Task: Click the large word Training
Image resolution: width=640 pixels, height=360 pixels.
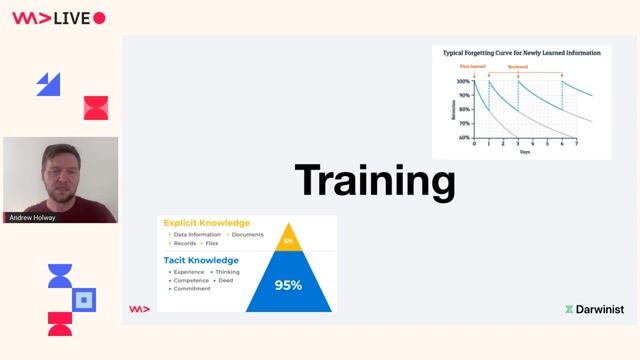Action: [x=375, y=181]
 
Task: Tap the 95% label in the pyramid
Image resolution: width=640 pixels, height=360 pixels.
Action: [x=288, y=285]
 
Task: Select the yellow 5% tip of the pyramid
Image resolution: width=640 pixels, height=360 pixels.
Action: [x=288, y=241]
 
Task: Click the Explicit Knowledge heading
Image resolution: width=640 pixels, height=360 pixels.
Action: [x=207, y=222]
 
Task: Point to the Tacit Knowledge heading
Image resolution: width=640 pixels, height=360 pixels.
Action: [x=201, y=260]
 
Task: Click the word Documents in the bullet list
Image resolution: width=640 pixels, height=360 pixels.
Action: [x=247, y=234]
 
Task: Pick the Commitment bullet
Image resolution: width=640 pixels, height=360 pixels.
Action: [x=192, y=288]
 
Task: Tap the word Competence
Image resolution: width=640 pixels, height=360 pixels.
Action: [x=190, y=280]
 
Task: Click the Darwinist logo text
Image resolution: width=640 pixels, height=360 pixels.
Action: [x=600, y=310]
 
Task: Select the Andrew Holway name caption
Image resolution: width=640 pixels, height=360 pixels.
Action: [x=32, y=217]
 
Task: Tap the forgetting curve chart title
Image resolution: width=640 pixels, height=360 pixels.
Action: [x=522, y=51]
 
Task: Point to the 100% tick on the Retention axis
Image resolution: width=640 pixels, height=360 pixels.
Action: [x=464, y=81]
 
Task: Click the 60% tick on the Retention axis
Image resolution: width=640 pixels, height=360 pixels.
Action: [x=464, y=137]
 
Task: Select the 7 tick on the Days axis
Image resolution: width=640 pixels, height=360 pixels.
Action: [x=577, y=144]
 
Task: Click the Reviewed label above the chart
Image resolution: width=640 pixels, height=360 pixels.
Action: [x=518, y=67]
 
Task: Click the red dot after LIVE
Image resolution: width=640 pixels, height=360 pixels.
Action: [x=99, y=18]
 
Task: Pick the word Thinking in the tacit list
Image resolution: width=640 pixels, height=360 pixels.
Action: [x=227, y=272]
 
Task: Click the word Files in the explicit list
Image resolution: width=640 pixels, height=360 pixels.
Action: [x=211, y=243]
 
